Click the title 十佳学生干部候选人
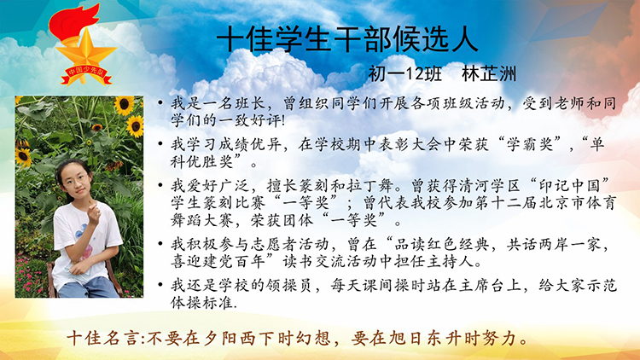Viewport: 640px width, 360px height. (347, 39)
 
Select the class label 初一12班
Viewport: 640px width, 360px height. (405, 74)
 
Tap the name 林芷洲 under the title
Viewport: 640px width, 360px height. (489, 74)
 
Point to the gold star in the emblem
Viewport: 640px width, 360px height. (85, 51)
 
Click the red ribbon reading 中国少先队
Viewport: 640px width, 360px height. (86, 74)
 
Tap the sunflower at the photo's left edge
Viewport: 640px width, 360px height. (23, 156)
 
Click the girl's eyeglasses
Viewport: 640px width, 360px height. (76, 180)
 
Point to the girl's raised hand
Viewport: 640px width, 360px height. (94, 212)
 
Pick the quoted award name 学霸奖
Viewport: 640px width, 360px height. (530, 144)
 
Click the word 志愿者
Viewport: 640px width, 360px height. (273, 244)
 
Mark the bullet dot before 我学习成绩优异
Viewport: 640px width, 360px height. (160, 143)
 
